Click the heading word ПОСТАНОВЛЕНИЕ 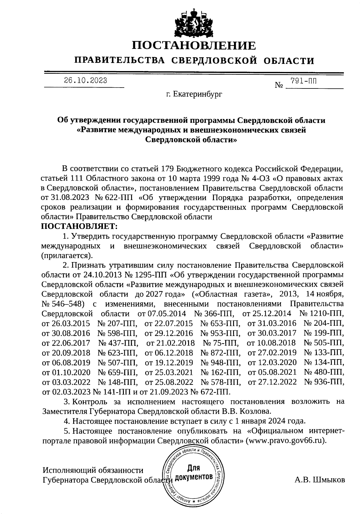click(194, 46)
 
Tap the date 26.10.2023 click(85, 80)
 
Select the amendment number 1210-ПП click(326, 314)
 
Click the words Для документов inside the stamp click(194, 472)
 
